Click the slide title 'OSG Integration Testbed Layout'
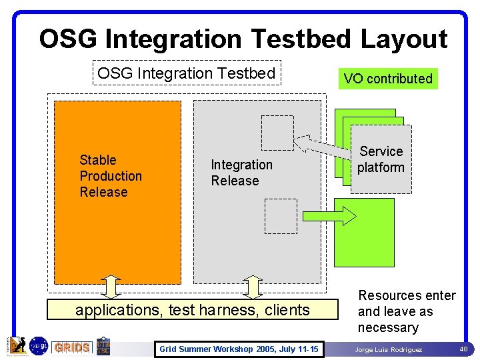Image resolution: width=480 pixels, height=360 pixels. [x=243, y=39]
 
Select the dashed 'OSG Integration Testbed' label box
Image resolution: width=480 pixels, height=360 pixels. [x=187, y=73]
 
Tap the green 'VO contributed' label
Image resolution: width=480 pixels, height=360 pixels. [x=388, y=79]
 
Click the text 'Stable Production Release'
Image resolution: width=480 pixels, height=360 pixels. [x=111, y=176]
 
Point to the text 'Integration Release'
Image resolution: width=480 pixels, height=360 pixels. [x=241, y=173]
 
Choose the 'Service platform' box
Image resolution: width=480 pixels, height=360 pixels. [x=381, y=159]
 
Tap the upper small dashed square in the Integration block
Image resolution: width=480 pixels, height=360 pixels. [x=277, y=133]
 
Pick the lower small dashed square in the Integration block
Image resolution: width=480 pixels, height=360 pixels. [x=281, y=216]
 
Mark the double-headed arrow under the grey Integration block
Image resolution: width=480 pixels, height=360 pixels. [x=253, y=287]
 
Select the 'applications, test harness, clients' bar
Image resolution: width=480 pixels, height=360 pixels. [x=193, y=310]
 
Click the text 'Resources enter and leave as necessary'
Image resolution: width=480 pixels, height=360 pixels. [x=407, y=311]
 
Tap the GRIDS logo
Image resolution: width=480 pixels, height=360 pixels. [x=72, y=347]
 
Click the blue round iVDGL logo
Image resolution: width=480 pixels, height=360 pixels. [x=39, y=345]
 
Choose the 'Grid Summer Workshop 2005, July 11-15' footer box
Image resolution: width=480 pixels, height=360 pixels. [x=239, y=349]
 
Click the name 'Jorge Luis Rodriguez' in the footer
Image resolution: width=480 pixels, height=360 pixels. [x=389, y=350]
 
